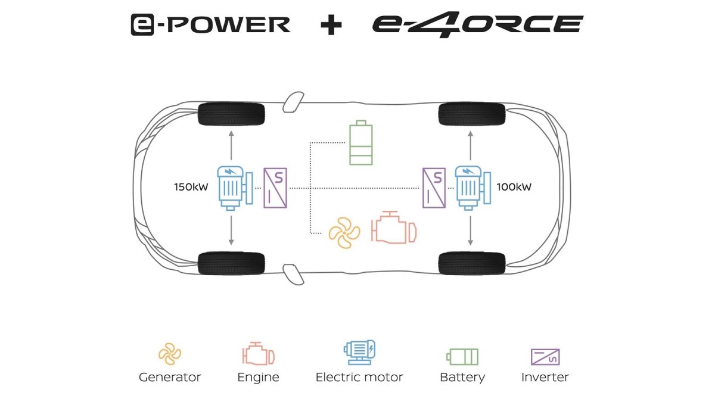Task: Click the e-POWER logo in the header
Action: pyautogui.click(x=211, y=24)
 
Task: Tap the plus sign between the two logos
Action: pyautogui.click(x=331, y=24)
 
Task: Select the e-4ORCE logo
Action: pyautogui.click(x=477, y=24)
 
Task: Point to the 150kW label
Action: pyautogui.click(x=191, y=187)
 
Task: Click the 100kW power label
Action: pyautogui.click(x=514, y=187)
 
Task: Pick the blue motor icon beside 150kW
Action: pyautogui.click(x=235, y=188)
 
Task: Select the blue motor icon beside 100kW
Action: pyautogui.click(x=472, y=188)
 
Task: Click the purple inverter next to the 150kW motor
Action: pyautogui.click(x=275, y=188)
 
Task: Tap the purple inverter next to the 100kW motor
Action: pyautogui.click(x=434, y=188)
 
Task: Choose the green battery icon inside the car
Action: pyautogui.click(x=361, y=142)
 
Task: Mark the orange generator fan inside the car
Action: pyautogui.click(x=344, y=233)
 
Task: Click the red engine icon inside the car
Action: pyautogui.click(x=394, y=227)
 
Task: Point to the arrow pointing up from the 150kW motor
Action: pyautogui.click(x=231, y=145)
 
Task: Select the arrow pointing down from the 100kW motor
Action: pyautogui.click(x=470, y=230)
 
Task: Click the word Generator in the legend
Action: pyautogui.click(x=170, y=378)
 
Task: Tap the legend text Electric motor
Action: pyautogui.click(x=359, y=378)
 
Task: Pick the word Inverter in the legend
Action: pyautogui.click(x=545, y=378)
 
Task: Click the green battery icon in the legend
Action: pyautogui.click(x=462, y=357)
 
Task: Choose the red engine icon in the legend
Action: pyautogui.click(x=259, y=354)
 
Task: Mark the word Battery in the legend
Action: pyautogui.click(x=462, y=378)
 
